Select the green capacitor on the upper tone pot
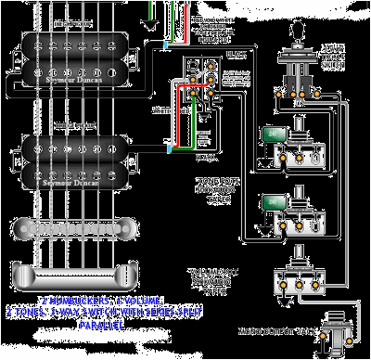(x=273, y=135)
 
